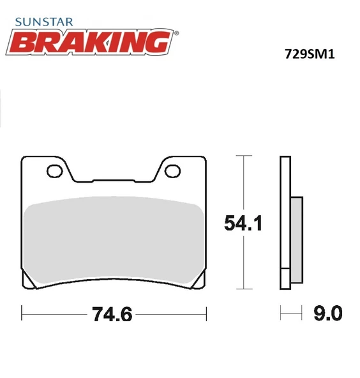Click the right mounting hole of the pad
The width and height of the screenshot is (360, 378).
172,170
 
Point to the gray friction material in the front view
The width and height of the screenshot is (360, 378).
114,239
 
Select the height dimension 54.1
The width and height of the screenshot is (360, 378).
244,223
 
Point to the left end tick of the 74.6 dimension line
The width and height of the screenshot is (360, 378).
22,314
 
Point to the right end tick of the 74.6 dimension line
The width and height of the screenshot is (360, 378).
206,314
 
